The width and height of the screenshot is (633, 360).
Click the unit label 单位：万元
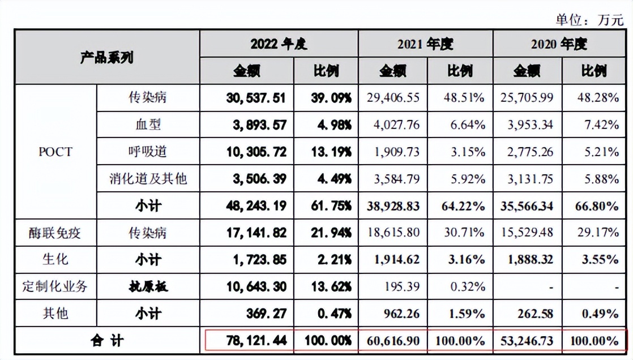pos(589,20)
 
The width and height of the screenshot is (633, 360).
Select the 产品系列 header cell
pos(107,57)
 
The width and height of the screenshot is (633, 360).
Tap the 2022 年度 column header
pos(279,44)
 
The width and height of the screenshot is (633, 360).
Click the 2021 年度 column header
pos(425,44)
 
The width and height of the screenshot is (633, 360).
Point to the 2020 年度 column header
pos(559,44)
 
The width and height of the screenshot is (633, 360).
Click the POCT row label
pos(55,152)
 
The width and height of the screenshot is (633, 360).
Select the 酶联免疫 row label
pos(55,232)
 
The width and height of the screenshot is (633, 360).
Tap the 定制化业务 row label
pos(55,286)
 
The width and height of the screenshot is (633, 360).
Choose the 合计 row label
pos(107,341)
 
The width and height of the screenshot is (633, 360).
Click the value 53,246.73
pos(527,341)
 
